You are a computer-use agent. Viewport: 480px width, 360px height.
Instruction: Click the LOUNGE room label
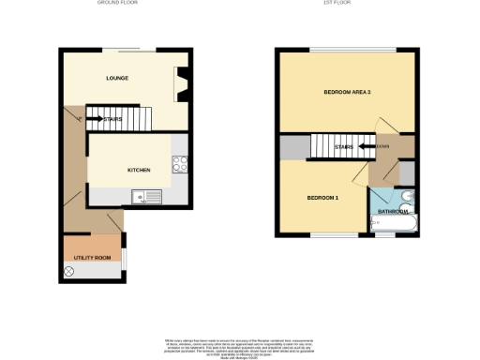[x=117, y=78]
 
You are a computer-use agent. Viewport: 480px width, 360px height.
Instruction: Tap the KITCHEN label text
[x=139, y=170]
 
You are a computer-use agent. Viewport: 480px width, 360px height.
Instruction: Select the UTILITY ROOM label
[x=93, y=257]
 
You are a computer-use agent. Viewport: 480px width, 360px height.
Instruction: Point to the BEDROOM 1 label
[x=323, y=199]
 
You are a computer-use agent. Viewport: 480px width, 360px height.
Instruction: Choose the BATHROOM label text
[x=392, y=212]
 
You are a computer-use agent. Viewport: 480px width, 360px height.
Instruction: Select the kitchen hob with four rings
[x=180, y=164]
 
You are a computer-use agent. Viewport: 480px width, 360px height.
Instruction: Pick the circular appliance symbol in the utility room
[x=69, y=271]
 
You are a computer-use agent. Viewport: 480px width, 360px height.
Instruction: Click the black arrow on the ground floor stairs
[x=97, y=119]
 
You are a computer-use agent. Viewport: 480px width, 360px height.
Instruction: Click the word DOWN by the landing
[x=382, y=146]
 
